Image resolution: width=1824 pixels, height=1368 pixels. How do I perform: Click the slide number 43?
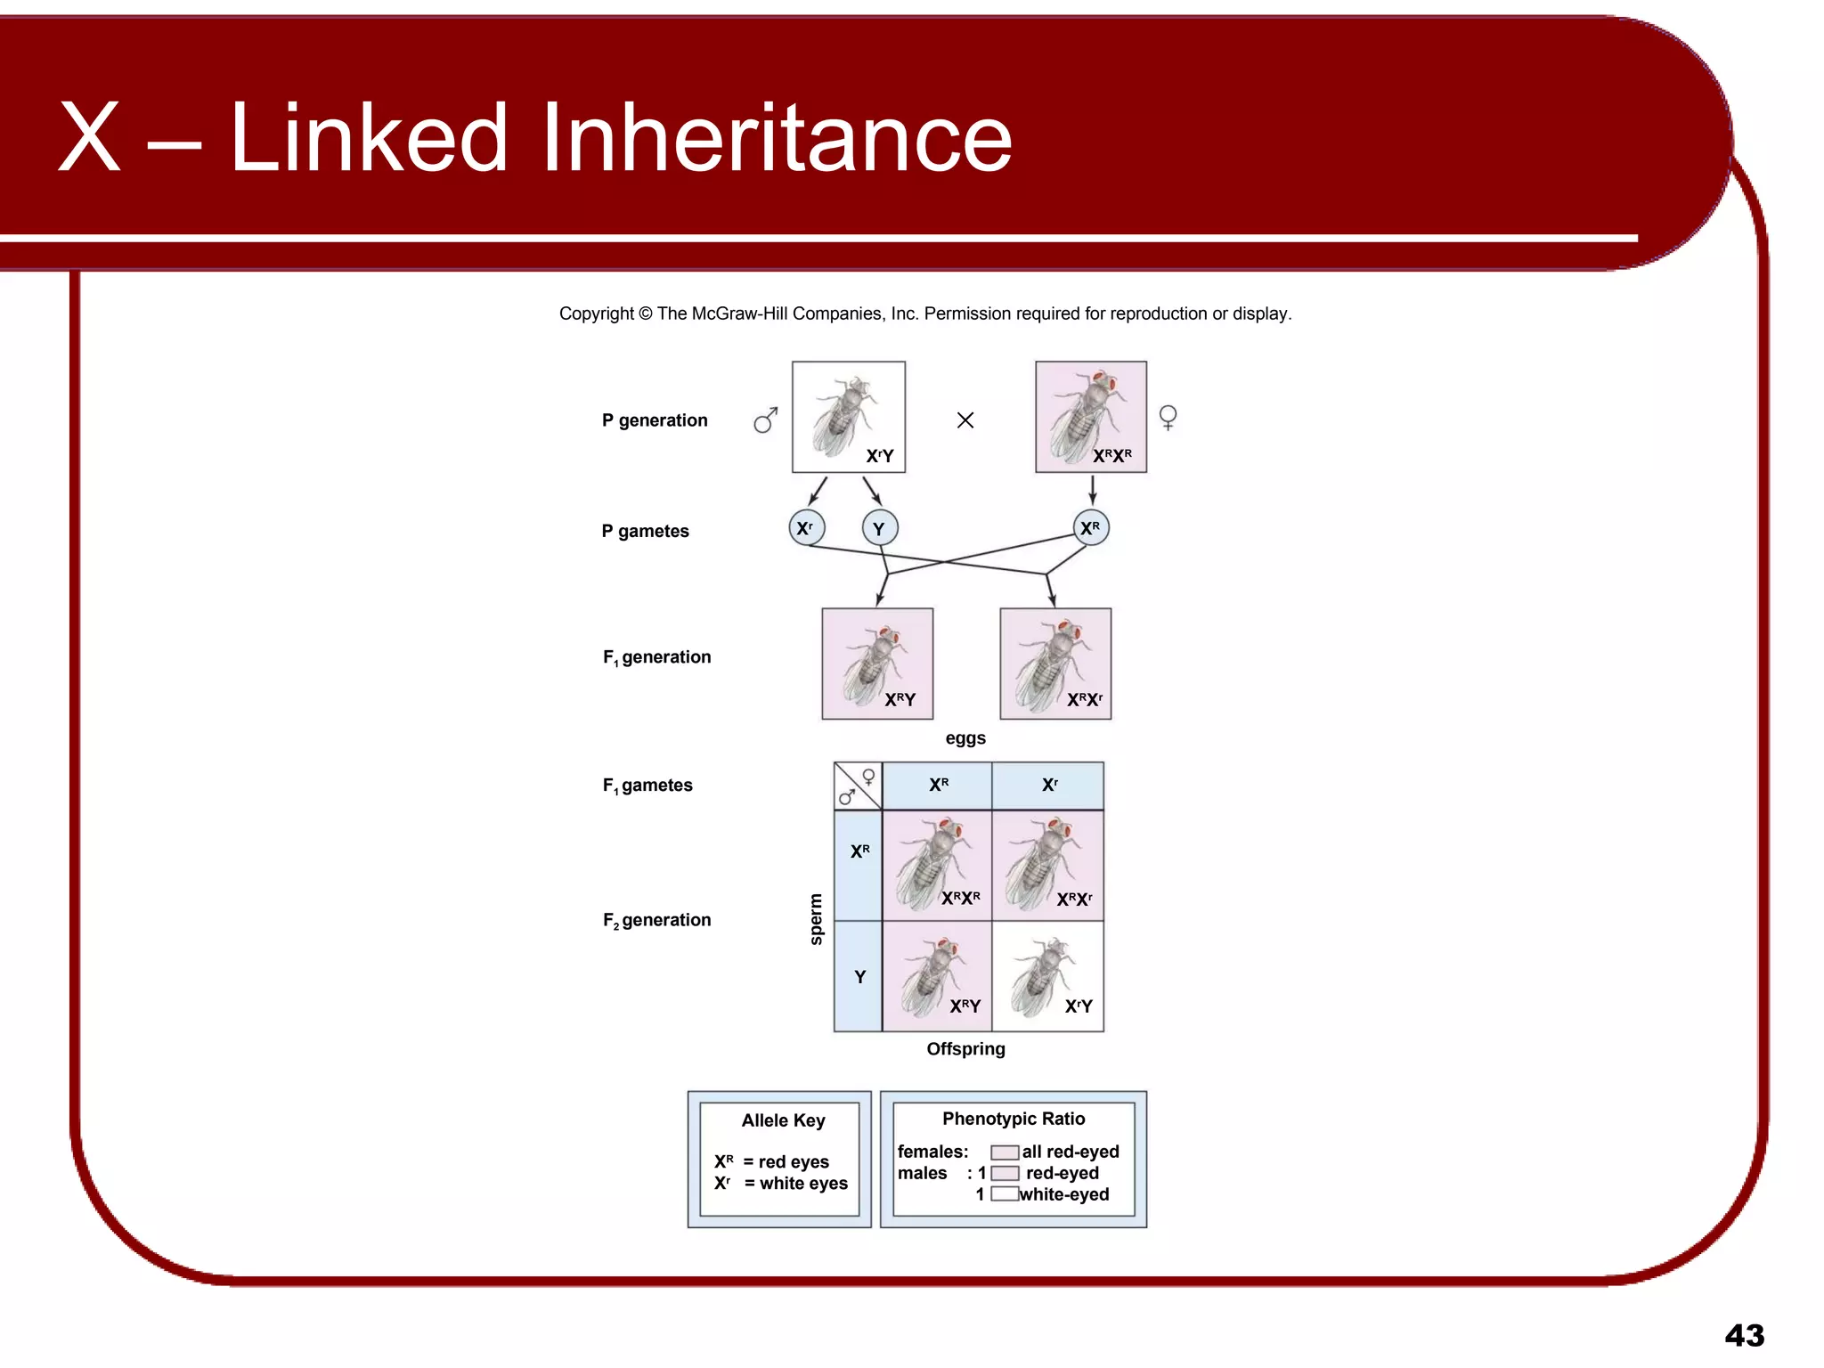click(1744, 1336)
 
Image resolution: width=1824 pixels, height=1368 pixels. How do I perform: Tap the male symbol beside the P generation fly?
click(765, 420)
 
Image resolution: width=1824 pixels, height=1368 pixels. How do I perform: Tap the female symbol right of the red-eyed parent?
click(1168, 417)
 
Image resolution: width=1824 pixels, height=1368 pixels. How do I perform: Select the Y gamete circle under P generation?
click(879, 529)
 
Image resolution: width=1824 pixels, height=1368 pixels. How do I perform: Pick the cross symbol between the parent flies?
click(965, 420)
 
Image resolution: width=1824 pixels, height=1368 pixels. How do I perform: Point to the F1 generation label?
click(656, 657)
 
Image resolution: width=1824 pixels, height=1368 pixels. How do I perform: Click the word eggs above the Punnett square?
click(965, 738)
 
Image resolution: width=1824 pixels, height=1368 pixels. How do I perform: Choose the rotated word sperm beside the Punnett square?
click(816, 919)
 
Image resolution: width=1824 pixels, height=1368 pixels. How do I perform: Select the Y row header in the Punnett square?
click(859, 977)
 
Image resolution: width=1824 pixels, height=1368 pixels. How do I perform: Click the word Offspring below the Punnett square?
click(965, 1049)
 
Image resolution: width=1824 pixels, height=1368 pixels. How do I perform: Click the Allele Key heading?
click(783, 1120)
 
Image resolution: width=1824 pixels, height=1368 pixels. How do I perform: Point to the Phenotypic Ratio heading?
click(1014, 1119)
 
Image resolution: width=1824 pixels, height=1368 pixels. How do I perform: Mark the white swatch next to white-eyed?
click(1005, 1194)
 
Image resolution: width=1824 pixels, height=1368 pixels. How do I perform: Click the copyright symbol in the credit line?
click(646, 313)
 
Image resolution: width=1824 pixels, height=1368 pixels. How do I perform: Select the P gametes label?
click(645, 532)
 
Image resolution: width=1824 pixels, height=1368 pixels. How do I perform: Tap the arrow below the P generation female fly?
click(1092, 490)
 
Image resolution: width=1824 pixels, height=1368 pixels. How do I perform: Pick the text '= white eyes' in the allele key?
click(795, 1184)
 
